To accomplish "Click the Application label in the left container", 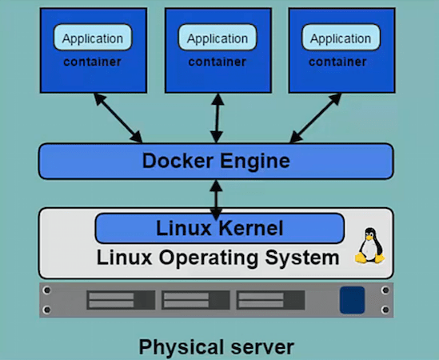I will point(93,38).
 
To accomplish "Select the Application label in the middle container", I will point(217,38).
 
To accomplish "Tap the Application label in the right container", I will point(341,38).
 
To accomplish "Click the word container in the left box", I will point(93,62).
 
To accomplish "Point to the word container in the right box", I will point(341,62).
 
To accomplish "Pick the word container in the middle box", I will point(217,62).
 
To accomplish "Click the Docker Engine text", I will point(216,161).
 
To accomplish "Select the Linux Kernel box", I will point(219,229).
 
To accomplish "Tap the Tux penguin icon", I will point(369,246).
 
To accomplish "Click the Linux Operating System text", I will point(218,258).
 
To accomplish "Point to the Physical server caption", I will point(217,347).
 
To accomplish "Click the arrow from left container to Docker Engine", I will point(118,118).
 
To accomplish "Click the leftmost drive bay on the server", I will point(121,300).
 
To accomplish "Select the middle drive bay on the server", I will point(195,300).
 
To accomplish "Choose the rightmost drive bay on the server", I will point(269,300).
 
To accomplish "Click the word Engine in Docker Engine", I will point(254,161).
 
